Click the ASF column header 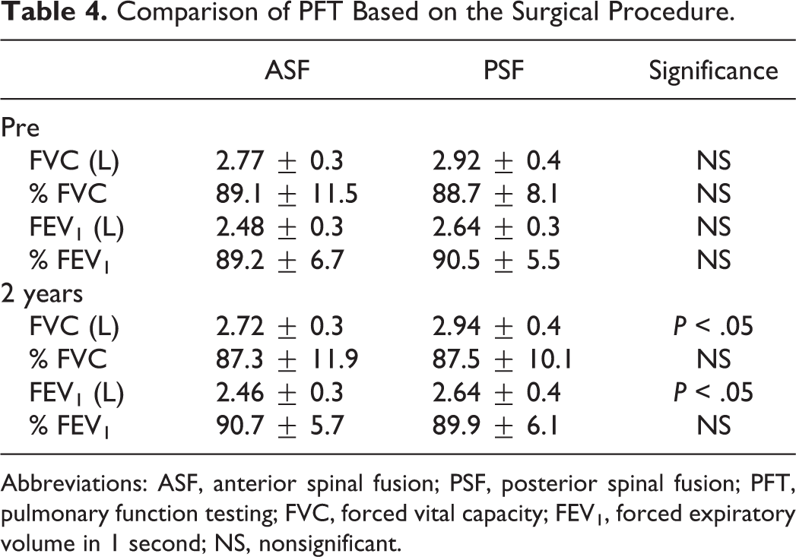pos(287,69)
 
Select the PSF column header pos(503,69)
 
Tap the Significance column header pos(713,71)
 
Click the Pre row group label pos(21,128)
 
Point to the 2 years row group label pos(42,294)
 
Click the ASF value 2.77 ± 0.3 pos(280,161)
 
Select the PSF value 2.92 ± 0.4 pos(496,161)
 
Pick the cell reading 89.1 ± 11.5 pos(287,194)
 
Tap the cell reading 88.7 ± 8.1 pos(496,194)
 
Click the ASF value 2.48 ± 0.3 pos(280,226)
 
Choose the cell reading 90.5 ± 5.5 pos(496,260)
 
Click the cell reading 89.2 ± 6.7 pos(280,260)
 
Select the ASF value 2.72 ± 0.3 pos(280,326)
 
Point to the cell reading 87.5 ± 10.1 pos(502,359)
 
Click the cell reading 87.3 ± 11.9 pos(287,359)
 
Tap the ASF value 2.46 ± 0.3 pos(280,392)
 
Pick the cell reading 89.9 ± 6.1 pos(496,425)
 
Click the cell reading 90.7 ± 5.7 pos(280,425)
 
